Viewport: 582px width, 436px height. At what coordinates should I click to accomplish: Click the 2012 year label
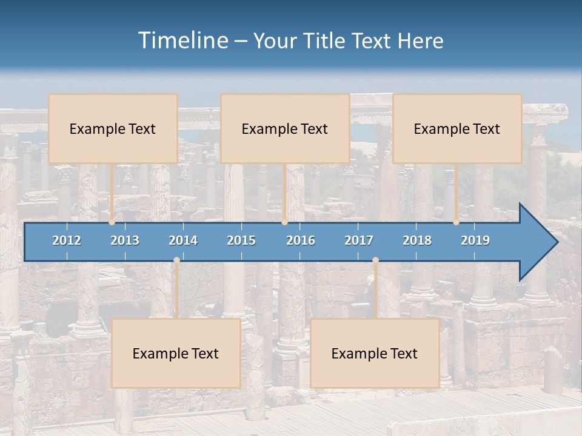[x=67, y=240]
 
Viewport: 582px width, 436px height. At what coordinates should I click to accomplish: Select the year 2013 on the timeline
[x=125, y=240]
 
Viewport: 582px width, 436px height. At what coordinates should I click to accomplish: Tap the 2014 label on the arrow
[x=183, y=240]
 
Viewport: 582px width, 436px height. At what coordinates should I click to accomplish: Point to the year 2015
[x=241, y=240]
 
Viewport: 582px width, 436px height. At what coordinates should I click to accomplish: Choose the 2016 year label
[x=301, y=240]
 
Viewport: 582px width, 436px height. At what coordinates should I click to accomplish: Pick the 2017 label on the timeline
[x=359, y=240]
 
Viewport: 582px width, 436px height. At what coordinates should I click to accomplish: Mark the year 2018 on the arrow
[x=417, y=240]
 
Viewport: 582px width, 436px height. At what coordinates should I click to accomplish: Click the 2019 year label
[x=475, y=240]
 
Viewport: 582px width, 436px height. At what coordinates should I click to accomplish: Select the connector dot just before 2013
[x=112, y=222]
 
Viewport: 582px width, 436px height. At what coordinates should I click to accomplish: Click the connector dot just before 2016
[x=284, y=222]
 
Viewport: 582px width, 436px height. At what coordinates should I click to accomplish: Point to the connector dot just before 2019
[x=457, y=222]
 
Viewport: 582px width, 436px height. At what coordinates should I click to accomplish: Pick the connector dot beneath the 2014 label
[x=176, y=260]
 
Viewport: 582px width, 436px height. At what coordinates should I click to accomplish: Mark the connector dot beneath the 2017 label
[x=375, y=260]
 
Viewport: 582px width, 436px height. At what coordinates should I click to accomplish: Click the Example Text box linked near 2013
[x=113, y=128]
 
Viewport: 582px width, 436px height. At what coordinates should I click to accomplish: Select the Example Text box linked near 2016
[x=285, y=128]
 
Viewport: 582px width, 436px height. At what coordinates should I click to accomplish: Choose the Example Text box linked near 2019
[x=457, y=128]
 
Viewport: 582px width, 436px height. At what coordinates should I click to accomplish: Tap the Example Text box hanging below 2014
[x=176, y=353]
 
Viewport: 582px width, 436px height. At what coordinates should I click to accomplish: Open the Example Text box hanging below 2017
[x=375, y=353]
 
